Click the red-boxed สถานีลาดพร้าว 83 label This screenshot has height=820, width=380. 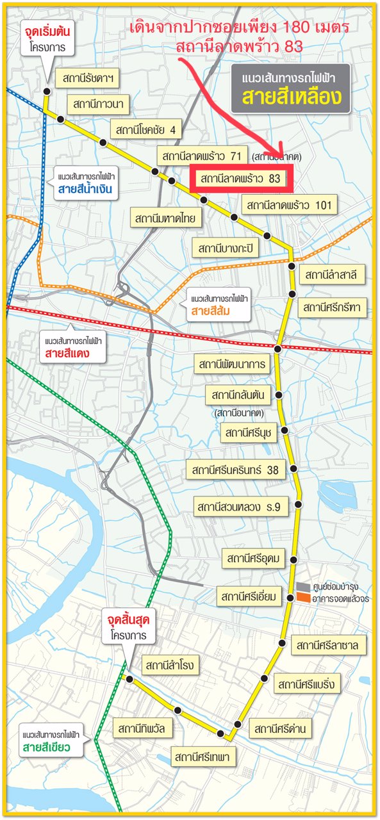(x=242, y=179)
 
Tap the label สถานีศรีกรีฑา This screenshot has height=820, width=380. (x=333, y=308)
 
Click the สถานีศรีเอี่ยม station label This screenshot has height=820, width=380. (x=249, y=597)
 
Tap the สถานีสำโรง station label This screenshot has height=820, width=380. (x=169, y=664)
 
